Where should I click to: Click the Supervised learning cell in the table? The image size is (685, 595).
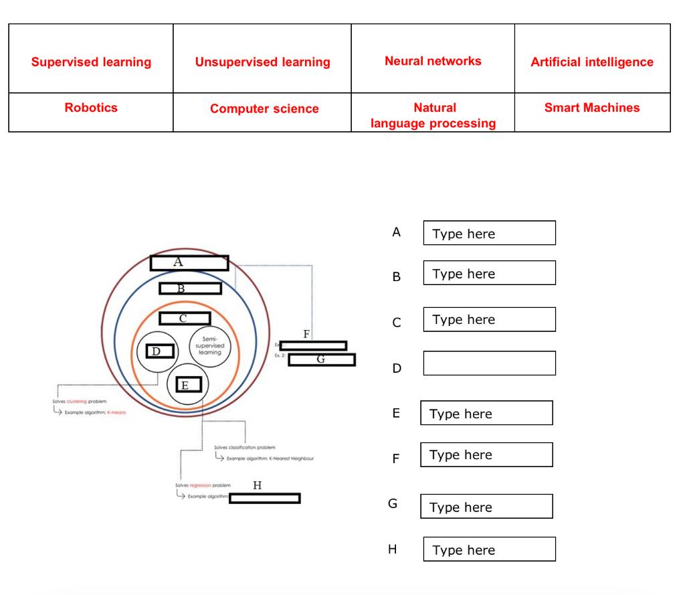tap(91, 62)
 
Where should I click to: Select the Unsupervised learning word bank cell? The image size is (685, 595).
tap(262, 62)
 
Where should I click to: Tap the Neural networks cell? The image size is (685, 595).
tap(433, 61)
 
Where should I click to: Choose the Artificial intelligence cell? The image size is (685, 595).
tap(592, 62)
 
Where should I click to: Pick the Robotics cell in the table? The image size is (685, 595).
tap(91, 107)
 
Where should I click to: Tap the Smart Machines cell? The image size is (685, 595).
tap(592, 107)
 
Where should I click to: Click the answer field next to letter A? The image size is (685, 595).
tap(489, 234)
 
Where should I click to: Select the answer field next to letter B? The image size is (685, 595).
tap(489, 274)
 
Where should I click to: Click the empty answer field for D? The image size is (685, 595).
tap(489, 363)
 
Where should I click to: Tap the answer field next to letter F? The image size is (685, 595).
tap(486, 454)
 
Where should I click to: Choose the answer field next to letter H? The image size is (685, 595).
tap(489, 550)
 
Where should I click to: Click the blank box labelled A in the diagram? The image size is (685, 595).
tap(189, 263)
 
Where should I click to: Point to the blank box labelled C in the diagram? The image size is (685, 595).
tap(185, 319)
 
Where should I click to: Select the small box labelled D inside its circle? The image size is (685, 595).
tap(160, 351)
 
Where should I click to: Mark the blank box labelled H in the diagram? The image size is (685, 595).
tap(264, 497)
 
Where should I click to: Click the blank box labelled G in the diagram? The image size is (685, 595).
tap(321, 360)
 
